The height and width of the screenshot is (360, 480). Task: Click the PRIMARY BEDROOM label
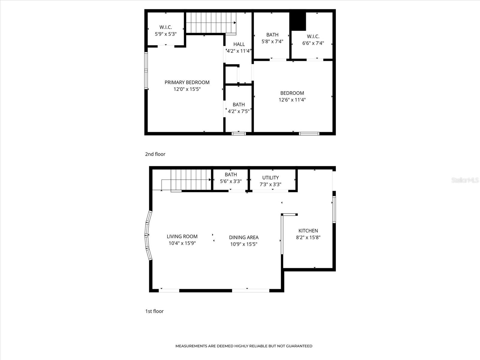(x=187, y=82)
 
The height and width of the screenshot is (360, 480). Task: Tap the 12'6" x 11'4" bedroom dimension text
(x=292, y=100)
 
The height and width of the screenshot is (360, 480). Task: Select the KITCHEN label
(x=308, y=231)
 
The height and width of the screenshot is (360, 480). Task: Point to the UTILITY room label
(x=271, y=178)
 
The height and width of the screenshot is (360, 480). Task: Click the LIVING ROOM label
(x=182, y=236)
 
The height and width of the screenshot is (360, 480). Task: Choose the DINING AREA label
(x=244, y=237)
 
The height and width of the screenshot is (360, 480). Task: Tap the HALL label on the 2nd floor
(x=239, y=44)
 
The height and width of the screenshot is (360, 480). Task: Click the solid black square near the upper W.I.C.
(x=298, y=21)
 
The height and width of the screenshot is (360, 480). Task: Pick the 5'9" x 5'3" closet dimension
(x=166, y=34)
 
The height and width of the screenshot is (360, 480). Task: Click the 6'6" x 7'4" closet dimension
(x=313, y=43)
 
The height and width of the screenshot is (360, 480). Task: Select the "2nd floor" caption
(x=155, y=154)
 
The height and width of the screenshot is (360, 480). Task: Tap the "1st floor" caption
(x=154, y=311)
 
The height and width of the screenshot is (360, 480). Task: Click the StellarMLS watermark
(x=465, y=180)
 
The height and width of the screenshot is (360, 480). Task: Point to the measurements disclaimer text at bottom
(x=244, y=346)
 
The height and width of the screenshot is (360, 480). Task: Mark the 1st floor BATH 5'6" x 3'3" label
(x=231, y=178)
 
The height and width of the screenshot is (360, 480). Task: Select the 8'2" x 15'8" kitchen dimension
(x=308, y=237)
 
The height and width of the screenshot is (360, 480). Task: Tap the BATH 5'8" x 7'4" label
(x=272, y=38)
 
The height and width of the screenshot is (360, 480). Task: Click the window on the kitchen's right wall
(x=334, y=209)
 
